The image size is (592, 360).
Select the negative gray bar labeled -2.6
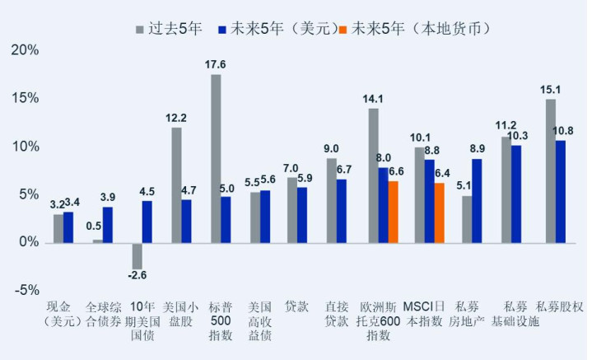coord(138,256)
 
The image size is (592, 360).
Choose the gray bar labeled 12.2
coord(176,185)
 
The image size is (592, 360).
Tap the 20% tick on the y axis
coord(25,50)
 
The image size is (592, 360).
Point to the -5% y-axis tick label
coord(25,290)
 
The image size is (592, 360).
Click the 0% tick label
coord(28,242)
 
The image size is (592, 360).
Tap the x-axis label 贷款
coord(296,306)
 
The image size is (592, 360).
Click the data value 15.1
coord(551,90)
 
